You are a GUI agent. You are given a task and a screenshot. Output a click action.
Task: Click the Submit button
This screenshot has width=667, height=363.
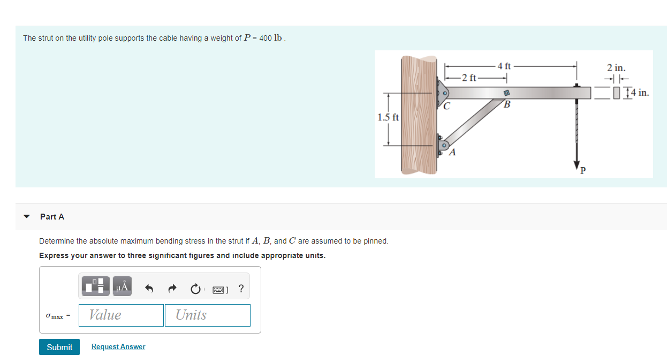(x=59, y=347)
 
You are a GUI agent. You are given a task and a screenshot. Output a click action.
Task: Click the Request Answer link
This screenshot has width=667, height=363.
(x=118, y=347)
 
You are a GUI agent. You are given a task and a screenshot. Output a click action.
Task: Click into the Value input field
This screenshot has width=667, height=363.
(x=121, y=315)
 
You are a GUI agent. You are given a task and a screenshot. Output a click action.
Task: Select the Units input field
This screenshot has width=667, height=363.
(x=208, y=315)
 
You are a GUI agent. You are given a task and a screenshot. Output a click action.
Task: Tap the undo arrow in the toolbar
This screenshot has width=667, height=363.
(x=149, y=289)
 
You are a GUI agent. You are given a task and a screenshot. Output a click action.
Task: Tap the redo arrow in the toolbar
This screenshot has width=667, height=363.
(x=172, y=289)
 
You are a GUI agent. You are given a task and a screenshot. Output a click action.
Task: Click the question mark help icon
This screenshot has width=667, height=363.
(x=241, y=289)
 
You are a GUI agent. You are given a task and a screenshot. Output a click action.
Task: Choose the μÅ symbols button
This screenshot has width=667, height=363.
(x=123, y=287)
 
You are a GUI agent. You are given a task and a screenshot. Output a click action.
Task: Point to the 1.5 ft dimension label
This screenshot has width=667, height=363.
(x=388, y=117)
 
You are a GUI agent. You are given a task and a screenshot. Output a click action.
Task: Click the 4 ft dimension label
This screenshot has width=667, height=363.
(x=504, y=66)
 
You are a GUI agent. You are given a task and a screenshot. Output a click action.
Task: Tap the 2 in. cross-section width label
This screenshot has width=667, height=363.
(x=616, y=68)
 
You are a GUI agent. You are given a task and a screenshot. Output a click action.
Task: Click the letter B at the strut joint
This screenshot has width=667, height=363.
(x=507, y=104)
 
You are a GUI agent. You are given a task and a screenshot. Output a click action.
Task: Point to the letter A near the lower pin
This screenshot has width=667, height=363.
(x=452, y=153)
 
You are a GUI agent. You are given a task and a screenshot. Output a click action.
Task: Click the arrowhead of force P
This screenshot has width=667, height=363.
(x=577, y=164)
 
